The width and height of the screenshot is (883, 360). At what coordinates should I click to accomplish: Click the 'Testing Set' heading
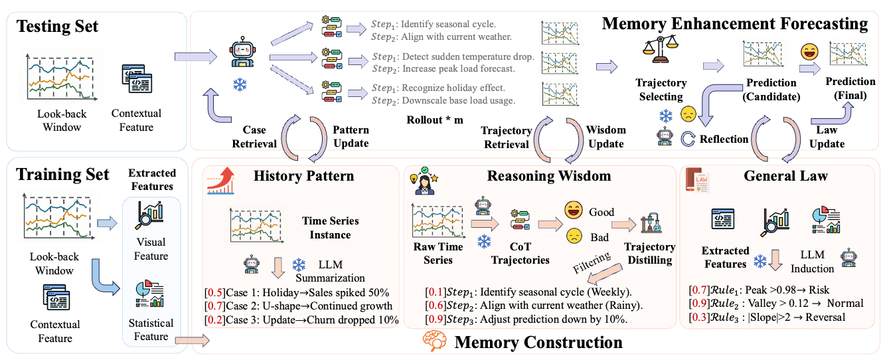(58, 27)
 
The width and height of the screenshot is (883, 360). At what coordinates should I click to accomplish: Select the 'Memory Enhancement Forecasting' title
(734, 25)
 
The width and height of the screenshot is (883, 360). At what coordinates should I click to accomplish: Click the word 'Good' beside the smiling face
(602, 212)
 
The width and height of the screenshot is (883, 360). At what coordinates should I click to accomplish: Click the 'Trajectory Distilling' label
(649, 253)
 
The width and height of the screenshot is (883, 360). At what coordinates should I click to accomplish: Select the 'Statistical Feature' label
(151, 329)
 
